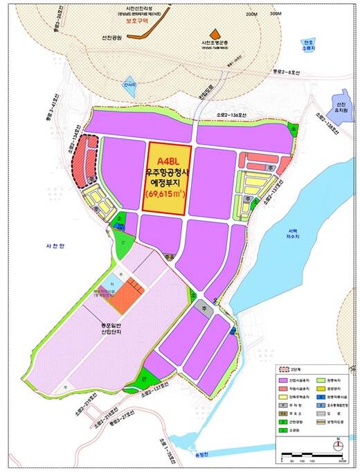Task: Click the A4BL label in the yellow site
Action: pyautogui.click(x=166, y=162)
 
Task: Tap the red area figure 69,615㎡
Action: pyautogui.click(x=165, y=196)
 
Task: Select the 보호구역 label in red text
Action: pyautogui.click(x=138, y=20)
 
